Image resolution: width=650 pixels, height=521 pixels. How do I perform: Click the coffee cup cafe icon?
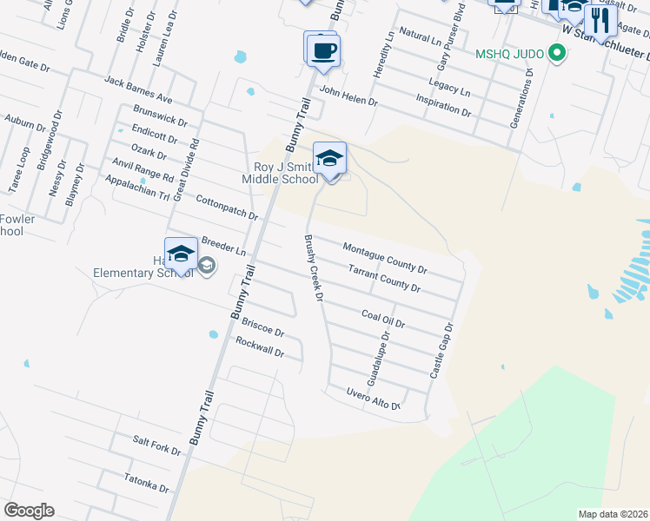coord(323,49)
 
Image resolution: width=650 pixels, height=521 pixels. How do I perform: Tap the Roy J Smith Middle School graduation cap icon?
coord(329,159)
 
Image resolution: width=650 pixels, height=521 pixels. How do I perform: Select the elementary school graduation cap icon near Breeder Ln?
coord(181,254)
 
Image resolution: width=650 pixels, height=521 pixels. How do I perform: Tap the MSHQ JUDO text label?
coord(509,54)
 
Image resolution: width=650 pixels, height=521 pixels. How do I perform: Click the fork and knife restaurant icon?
coord(600,18)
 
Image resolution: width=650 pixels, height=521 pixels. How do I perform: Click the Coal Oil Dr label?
coord(383,317)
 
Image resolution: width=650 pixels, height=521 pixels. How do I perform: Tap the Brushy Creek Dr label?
coord(313,268)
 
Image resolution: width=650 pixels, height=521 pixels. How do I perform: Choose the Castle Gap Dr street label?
coord(442,350)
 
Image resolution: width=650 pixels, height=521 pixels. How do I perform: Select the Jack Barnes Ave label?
coord(137,89)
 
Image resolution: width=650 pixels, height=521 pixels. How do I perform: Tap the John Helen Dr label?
coord(348,95)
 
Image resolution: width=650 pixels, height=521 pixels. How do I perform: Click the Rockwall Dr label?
coord(260,347)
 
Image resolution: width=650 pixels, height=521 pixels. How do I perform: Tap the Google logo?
coord(29,510)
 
